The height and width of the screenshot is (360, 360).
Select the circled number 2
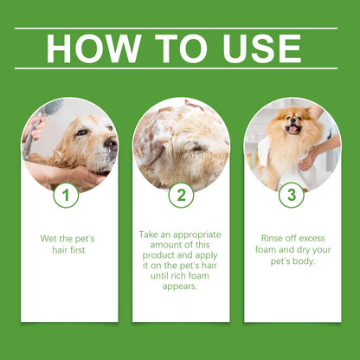(181, 195)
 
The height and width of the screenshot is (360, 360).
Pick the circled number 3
(292, 195)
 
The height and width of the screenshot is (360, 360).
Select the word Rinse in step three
(273, 237)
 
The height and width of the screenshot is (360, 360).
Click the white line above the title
(180, 29)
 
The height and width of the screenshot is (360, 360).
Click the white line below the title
(180, 68)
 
